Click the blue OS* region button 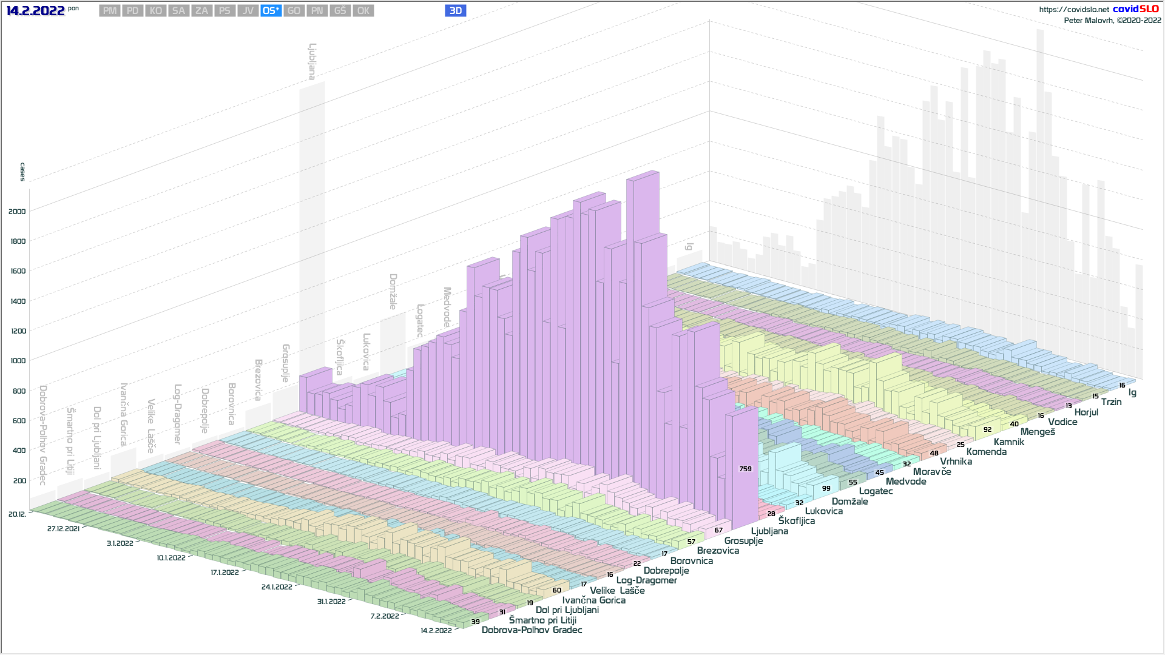click(x=271, y=11)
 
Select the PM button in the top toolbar click(x=110, y=11)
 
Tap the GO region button click(x=294, y=11)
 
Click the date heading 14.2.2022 click(x=35, y=11)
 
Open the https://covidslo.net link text click(x=1073, y=10)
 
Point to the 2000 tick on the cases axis click(x=17, y=212)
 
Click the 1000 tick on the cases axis click(x=17, y=361)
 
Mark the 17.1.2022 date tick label click(x=225, y=573)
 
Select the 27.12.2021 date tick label click(x=63, y=529)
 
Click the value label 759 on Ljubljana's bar click(x=745, y=469)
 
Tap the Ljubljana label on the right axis click(x=769, y=531)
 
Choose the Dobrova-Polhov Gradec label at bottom click(x=532, y=630)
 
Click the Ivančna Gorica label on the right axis click(x=593, y=600)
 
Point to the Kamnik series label click(x=1008, y=442)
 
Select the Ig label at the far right click(x=1132, y=392)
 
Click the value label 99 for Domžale click(x=826, y=488)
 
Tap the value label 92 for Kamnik click(x=987, y=429)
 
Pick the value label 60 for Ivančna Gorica click(x=556, y=590)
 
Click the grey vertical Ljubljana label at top click(x=312, y=61)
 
